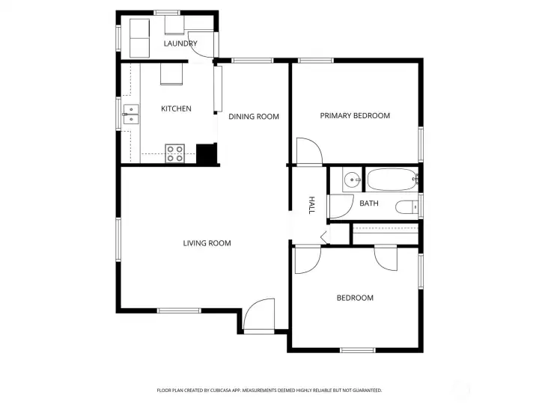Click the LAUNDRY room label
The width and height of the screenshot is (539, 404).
[180, 43]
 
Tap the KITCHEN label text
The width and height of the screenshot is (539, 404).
[176, 108]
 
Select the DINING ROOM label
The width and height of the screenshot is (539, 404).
[254, 116]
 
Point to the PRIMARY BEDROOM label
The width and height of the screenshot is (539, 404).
[355, 115]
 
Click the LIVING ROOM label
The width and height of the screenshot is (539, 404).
[207, 242]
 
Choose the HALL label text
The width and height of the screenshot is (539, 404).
[311, 205]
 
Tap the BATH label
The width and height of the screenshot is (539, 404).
[368, 203]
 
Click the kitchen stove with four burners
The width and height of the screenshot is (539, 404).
[175, 153]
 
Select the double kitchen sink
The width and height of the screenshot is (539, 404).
[131, 114]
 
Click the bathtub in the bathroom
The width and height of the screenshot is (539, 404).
[391, 180]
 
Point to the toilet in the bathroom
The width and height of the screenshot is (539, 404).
[407, 207]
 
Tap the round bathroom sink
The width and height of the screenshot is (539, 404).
[351, 180]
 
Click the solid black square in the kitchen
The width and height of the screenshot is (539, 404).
[205, 153]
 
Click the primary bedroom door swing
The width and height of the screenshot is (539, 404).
[308, 151]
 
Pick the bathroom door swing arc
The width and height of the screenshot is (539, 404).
[340, 206]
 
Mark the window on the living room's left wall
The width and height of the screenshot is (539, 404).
[118, 239]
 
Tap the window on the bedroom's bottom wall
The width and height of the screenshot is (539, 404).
[357, 349]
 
